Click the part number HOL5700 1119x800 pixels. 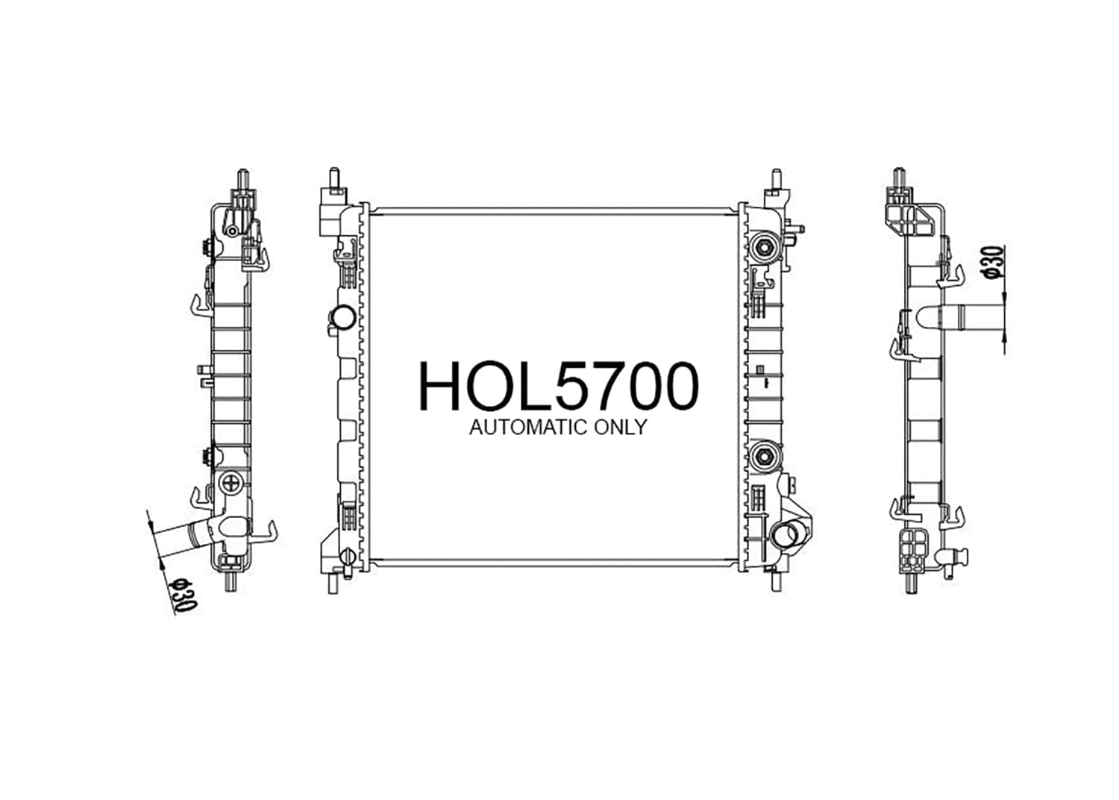point(559,387)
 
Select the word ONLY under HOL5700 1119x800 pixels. point(620,427)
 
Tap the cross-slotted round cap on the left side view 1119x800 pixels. point(232,483)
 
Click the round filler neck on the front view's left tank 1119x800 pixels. point(343,318)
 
